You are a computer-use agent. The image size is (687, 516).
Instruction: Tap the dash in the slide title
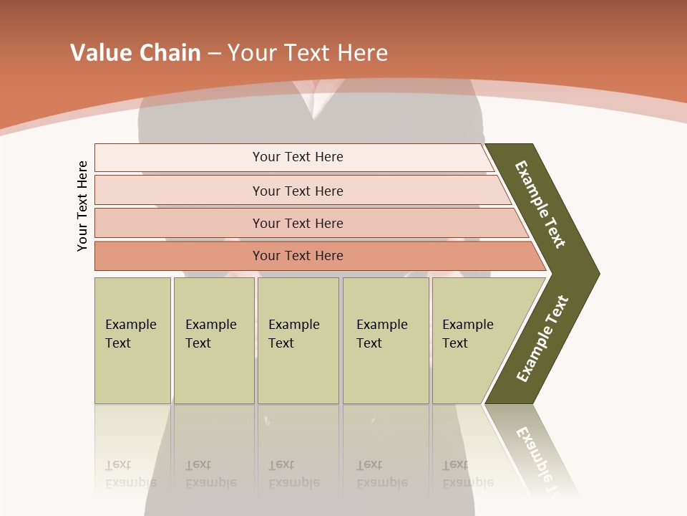click(x=214, y=54)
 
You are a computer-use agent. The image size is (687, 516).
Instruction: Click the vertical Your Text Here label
click(x=82, y=206)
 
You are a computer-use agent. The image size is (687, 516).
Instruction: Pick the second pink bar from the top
click(x=297, y=191)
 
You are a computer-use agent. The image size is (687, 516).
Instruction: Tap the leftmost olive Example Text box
click(x=132, y=340)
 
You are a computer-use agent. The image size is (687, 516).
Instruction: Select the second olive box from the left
click(x=214, y=340)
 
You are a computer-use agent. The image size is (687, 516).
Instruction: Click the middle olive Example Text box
click(x=298, y=340)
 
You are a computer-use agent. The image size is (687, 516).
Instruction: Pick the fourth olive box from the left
click(x=386, y=340)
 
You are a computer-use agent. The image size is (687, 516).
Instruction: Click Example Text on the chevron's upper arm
click(x=540, y=204)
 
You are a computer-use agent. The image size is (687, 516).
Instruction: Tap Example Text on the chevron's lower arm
click(x=542, y=338)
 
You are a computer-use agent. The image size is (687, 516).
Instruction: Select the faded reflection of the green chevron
click(x=537, y=451)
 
